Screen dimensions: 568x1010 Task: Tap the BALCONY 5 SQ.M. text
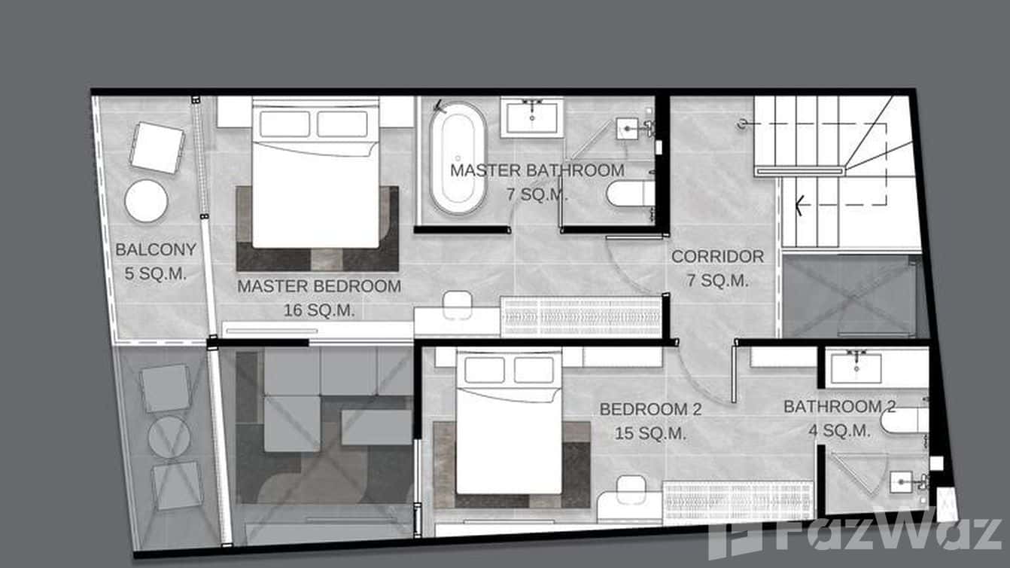click(x=155, y=261)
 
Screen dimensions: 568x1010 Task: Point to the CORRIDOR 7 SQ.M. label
click(x=717, y=267)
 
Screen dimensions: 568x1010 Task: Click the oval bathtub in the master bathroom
click(x=458, y=159)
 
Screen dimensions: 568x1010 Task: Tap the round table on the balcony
click(x=146, y=201)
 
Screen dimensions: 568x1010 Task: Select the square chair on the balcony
click(x=157, y=147)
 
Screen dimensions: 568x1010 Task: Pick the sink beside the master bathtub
click(x=532, y=118)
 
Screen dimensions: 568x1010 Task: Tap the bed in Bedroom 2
click(x=510, y=429)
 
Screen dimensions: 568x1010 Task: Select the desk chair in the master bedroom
click(x=456, y=304)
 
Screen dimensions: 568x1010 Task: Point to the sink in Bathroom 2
click(x=856, y=366)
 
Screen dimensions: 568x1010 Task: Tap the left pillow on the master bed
click(x=284, y=124)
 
